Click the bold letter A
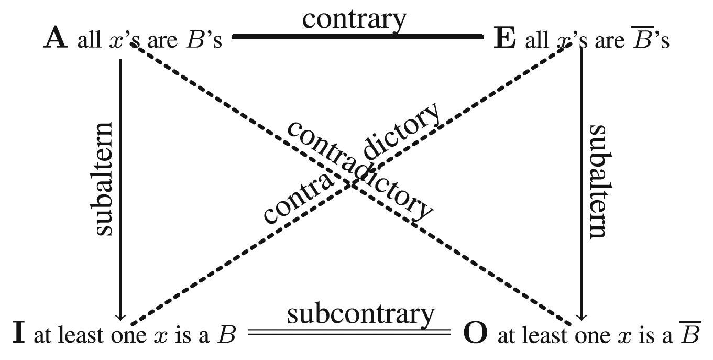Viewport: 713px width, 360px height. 56,39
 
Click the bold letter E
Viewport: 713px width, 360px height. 505,39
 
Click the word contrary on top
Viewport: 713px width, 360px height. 354,19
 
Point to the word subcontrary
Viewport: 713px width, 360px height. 360,314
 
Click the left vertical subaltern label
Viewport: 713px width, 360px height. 103,179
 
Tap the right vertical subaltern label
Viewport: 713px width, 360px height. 599,181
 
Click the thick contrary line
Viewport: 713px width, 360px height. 357,37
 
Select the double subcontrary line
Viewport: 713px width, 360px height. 349,332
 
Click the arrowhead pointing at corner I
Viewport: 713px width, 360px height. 120,316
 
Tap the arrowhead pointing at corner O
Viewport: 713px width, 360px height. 581,316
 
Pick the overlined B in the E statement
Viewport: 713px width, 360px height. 640,40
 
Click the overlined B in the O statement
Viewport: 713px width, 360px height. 689,334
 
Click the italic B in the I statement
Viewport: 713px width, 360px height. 226,334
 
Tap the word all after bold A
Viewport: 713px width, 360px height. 89,40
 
